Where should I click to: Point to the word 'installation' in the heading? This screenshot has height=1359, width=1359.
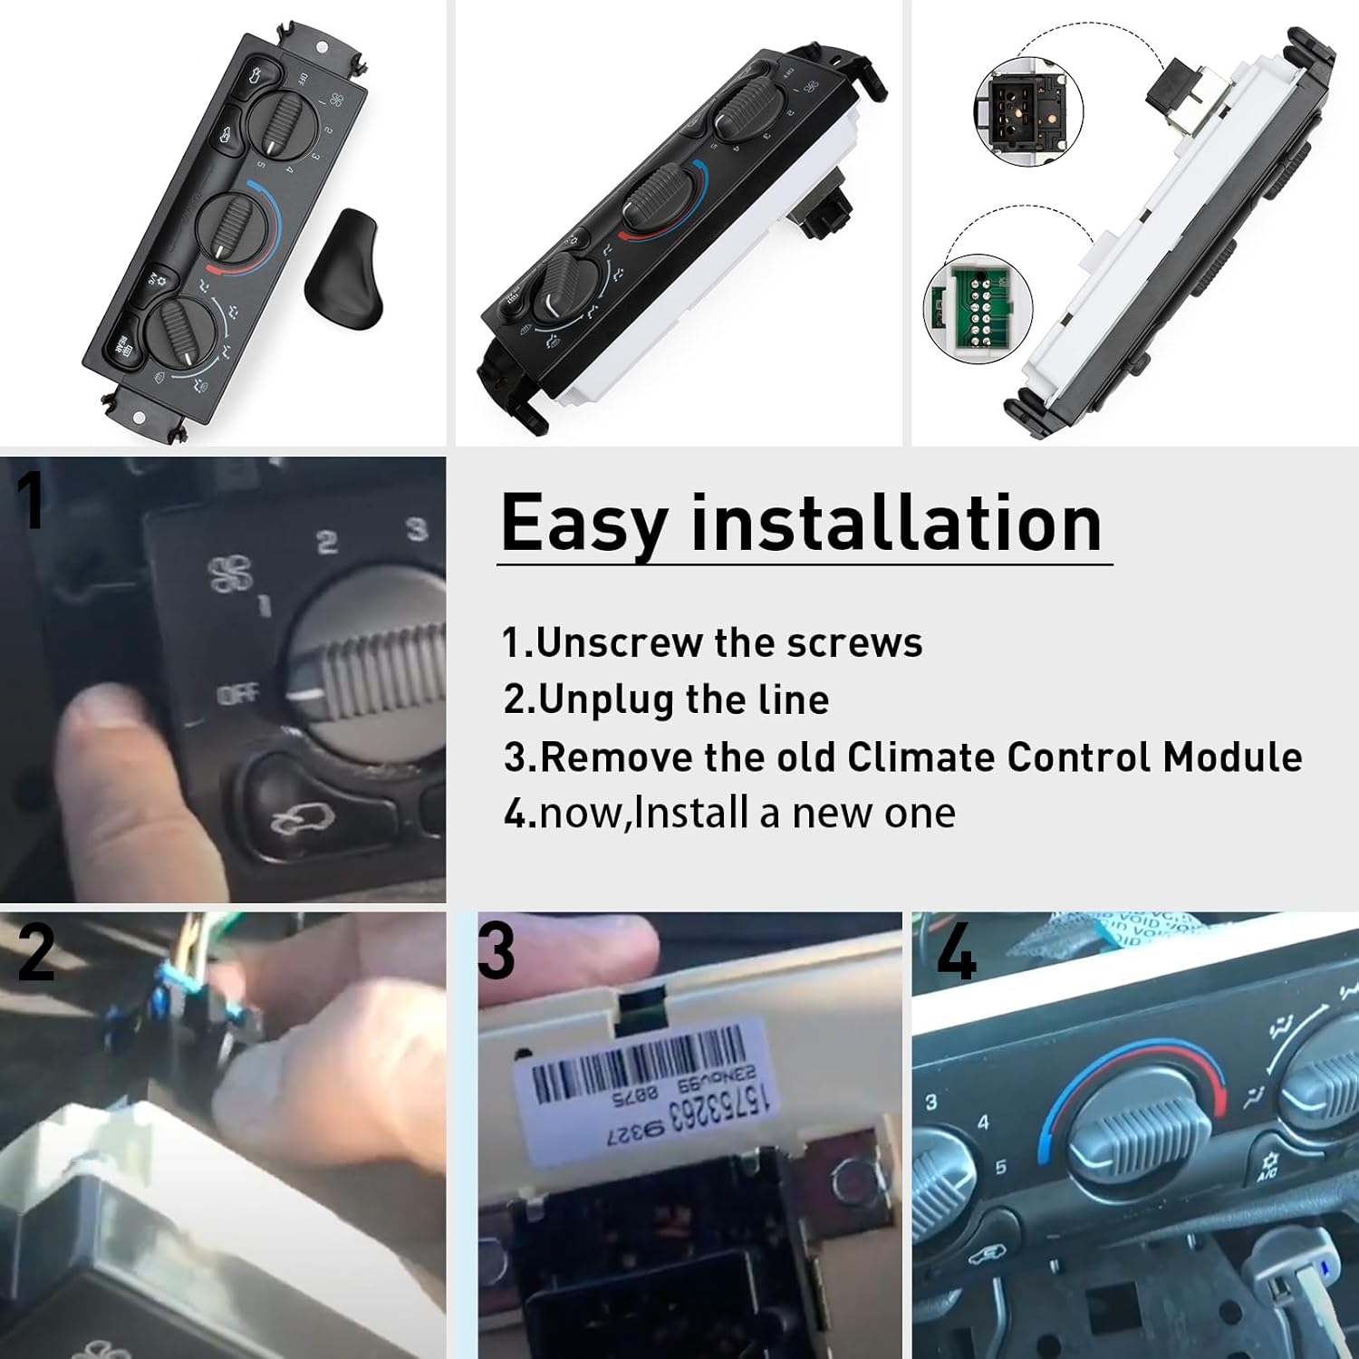click(896, 523)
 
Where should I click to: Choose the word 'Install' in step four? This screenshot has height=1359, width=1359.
click(692, 813)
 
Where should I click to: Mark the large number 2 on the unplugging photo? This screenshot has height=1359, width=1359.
click(36, 953)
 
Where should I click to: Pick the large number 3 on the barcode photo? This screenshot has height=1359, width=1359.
click(496, 951)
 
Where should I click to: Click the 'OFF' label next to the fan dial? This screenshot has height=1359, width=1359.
click(237, 695)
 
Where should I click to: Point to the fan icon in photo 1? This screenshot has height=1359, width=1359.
click(232, 573)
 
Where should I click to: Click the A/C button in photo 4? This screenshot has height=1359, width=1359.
click(1267, 1164)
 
